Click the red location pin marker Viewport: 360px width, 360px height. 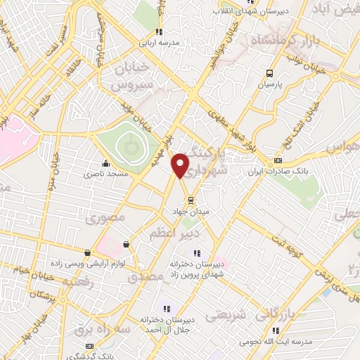point(181,165)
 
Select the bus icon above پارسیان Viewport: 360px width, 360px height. point(269,73)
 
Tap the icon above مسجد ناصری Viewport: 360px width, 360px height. point(105,164)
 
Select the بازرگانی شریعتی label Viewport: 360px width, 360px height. point(230,316)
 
